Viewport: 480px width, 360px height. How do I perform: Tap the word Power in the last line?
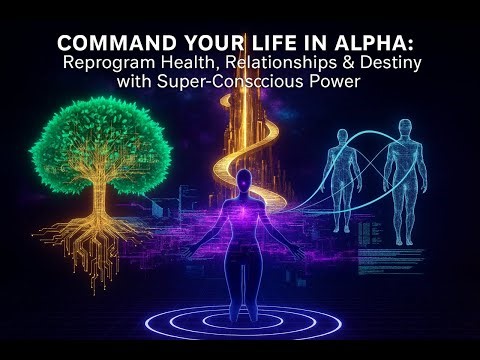tap(328, 82)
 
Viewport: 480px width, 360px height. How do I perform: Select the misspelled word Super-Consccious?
tap(227, 82)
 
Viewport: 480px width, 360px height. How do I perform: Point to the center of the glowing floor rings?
tap(243, 318)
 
